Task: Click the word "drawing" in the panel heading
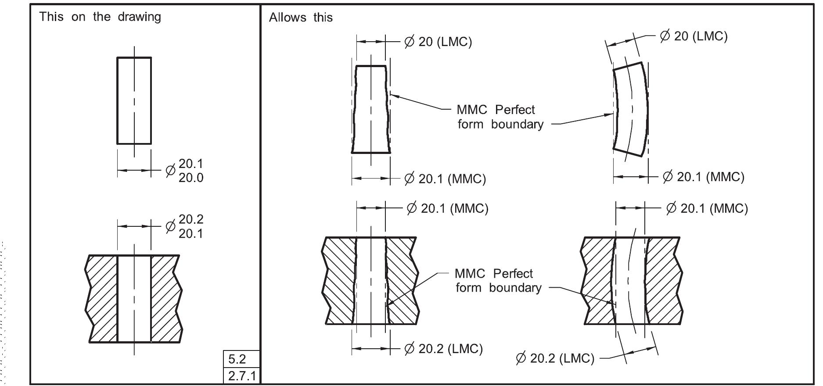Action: [139, 17]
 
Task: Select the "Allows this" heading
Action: [301, 18]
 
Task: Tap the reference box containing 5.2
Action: [241, 360]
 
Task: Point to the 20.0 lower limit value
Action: [191, 178]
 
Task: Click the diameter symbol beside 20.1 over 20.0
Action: [170, 171]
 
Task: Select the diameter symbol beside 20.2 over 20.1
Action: [170, 226]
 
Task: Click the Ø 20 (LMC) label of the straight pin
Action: [438, 42]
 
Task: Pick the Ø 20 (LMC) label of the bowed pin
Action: [694, 36]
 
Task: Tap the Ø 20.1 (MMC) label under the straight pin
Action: [445, 179]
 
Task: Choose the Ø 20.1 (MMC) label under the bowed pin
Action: [703, 177]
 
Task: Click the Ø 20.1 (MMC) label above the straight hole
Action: [447, 208]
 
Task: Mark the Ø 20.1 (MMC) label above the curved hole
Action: [707, 208]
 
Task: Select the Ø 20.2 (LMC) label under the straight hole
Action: [443, 349]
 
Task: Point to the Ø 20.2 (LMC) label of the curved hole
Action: [555, 358]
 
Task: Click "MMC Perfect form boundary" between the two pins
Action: [500, 117]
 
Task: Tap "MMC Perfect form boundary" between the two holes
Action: [498, 281]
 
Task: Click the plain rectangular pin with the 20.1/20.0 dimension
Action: [134, 100]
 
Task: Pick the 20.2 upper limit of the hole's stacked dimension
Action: [191, 219]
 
